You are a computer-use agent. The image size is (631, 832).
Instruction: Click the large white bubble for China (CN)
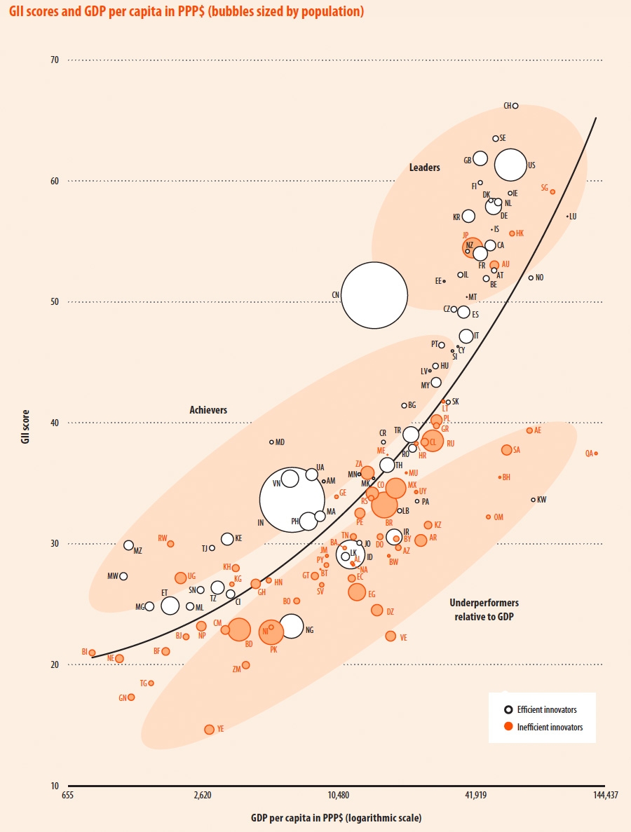374,295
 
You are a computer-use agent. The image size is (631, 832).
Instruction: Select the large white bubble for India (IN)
292,500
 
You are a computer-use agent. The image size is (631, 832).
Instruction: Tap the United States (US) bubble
510,165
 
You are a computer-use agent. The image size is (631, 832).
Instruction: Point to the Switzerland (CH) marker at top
515,106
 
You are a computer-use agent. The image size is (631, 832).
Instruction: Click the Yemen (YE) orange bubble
209,730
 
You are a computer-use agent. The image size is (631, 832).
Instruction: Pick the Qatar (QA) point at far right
596,453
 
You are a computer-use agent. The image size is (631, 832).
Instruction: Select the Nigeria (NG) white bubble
292,626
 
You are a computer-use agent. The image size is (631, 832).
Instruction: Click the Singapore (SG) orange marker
552,191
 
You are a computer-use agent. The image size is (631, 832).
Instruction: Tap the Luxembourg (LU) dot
567,217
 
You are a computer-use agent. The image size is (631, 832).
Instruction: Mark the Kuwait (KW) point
533,500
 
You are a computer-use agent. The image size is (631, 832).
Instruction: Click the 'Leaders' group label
425,168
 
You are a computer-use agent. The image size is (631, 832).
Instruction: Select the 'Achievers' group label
208,410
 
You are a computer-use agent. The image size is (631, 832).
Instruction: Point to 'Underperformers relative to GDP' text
484,609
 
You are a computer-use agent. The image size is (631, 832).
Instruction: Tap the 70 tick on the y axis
54,60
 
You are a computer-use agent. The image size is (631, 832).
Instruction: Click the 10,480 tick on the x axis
339,795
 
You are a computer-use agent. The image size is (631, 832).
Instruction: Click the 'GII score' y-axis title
26,423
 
